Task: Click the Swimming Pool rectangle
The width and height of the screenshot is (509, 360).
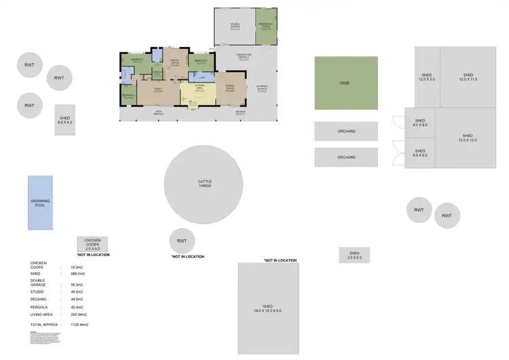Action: point(40,202)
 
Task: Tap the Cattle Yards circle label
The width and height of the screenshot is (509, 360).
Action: point(204,183)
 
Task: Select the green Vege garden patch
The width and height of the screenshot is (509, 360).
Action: point(345,83)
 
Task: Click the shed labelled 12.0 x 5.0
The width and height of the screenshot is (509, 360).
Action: point(427,76)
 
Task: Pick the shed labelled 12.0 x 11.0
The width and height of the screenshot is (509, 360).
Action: point(469,76)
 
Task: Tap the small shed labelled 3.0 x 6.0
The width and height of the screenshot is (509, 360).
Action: point(354,255)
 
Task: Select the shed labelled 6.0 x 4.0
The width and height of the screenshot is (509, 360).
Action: point(65,120)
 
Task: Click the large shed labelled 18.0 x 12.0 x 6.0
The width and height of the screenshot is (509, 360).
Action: point(268,308)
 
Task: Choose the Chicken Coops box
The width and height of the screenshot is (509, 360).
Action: point(92,244)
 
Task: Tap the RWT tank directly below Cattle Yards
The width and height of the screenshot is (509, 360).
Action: point(182,241)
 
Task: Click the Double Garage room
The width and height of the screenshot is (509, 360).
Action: point(235,28)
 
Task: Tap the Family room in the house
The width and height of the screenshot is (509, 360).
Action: point(158,90)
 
